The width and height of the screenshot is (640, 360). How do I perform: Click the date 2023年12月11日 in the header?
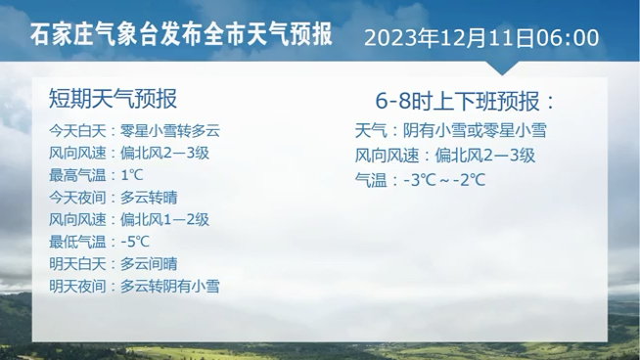click(451, 38)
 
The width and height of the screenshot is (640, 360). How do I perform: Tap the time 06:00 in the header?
click(569, 38)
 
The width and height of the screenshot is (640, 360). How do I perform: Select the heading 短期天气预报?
click(113, 99)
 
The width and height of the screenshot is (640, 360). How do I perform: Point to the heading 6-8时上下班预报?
click(464, 101)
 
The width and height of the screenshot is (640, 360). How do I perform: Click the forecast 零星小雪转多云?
click(171, 130)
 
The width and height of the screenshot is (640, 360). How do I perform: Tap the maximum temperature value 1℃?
click(132, 175)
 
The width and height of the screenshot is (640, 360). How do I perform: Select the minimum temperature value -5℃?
click(135, 241)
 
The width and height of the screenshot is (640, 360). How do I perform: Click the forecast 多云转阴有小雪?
click(170, 287)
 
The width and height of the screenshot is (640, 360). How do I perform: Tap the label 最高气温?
click(75, 175)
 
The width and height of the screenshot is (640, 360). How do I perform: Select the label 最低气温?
click(75, 241)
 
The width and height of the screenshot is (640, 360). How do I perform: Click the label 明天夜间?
click(75, 287)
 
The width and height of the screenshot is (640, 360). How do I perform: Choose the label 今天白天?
click(75, 130)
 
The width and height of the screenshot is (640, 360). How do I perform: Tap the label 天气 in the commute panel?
click(371, 130)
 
